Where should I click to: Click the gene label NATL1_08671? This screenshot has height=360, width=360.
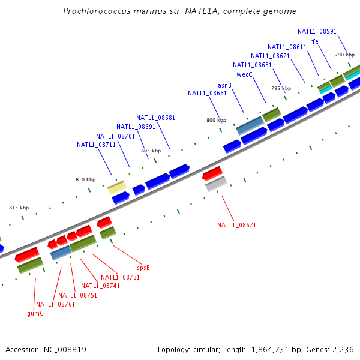[x=236, y=225]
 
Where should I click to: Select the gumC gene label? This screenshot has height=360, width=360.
[x=35, y=313]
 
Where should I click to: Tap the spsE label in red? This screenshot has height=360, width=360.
[x=143, y=268]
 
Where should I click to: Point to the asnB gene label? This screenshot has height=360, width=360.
[x=224, y=85]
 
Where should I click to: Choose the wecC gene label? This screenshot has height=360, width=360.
[x=244, y=75]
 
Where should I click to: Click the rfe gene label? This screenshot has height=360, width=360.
[x=314, y=41]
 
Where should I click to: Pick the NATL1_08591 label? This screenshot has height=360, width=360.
[x=317, y=31]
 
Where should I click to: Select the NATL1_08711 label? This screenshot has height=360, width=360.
[x=96, y=145]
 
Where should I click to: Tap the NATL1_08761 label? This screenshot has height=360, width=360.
[x=55, y=304]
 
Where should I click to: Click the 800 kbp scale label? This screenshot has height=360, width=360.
[x=216, y=120]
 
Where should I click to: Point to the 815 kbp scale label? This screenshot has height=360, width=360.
[x=19, y=208]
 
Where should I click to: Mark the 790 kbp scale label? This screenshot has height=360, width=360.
[x=344, y=55]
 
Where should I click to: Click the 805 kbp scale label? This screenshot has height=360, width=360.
[x=151, y=151]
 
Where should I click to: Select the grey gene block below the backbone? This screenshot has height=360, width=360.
[x=216, y=184]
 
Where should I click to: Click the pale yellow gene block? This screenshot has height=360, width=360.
[x=116, y=187]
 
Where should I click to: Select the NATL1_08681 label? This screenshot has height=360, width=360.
[x=155, y=118]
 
